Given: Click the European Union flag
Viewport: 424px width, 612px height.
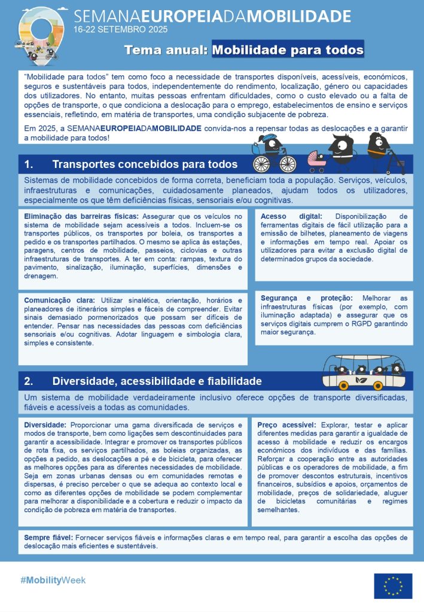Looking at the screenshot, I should [393, 586].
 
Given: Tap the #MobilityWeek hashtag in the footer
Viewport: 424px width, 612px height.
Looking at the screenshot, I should [53, 580].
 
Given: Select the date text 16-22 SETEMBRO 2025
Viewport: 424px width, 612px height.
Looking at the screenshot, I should [120, 29].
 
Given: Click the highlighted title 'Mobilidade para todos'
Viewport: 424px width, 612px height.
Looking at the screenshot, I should [288, 50].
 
